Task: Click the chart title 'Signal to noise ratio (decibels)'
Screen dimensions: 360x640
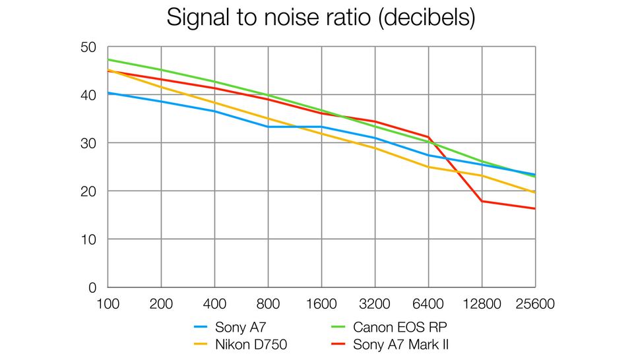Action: [320, 17]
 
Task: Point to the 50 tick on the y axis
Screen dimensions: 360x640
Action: [88, 47]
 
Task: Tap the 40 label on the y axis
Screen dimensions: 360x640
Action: [88, 96]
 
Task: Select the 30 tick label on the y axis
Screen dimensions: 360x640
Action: [88, 144]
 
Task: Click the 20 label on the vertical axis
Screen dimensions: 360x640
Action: [88, 192]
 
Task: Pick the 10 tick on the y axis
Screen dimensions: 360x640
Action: [88, 239]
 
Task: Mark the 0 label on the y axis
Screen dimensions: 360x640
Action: [92, 287]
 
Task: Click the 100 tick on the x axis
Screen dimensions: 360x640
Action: [108, 305]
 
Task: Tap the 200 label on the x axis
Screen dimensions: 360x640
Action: [161, 305]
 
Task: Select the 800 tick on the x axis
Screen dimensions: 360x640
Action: [268, 305]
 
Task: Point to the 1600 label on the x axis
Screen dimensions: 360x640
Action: [321, 305]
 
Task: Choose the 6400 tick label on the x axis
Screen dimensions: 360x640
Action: [428, 305]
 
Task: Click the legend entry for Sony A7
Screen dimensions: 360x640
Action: [241, 326]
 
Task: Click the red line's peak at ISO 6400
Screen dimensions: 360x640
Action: [428, 137]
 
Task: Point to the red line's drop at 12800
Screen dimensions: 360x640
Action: [482, 201]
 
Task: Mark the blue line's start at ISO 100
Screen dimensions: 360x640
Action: [108, 93]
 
